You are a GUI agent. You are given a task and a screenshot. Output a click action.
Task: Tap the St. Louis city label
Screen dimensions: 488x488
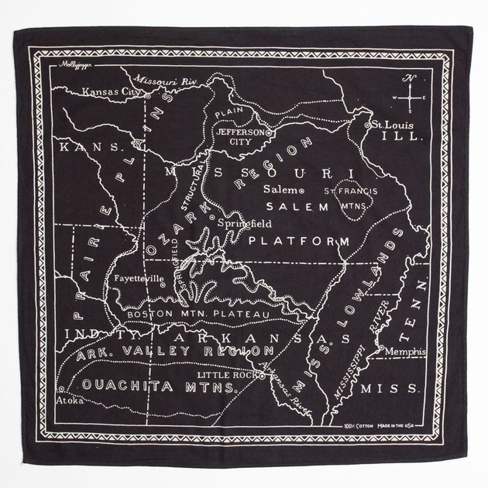[390, 124]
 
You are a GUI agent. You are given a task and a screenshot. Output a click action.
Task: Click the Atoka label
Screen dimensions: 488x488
[69, 400]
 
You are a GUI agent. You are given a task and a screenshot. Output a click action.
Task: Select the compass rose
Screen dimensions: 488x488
[412, 98]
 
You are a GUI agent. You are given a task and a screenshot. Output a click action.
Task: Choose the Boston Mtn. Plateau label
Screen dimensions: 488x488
[198, 314]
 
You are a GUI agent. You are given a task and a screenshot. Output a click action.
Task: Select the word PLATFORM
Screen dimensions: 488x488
[299, 242]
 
